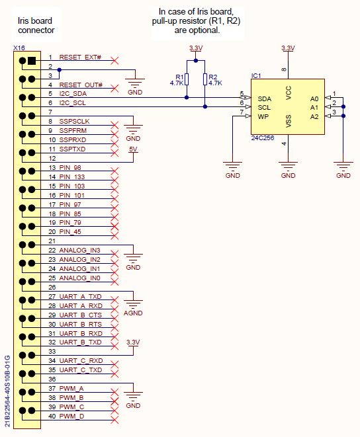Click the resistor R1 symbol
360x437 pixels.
[x=187, y=80]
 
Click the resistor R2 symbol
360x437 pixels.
[x=205, y=80]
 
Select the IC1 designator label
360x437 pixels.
[x=256, y=75]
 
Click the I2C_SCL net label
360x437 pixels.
[x=73, y=104]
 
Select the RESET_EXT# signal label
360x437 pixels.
[x=81, y=58]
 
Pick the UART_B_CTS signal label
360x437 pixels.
[x=81, y=315]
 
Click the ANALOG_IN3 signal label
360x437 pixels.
[x=79, y=251]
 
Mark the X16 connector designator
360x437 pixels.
[x=19, y=49]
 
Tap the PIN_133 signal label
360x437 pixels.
[x=71, y=177]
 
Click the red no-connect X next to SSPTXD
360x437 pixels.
[x=116, y=149]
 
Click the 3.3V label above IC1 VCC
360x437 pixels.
[x=288, y=49]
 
